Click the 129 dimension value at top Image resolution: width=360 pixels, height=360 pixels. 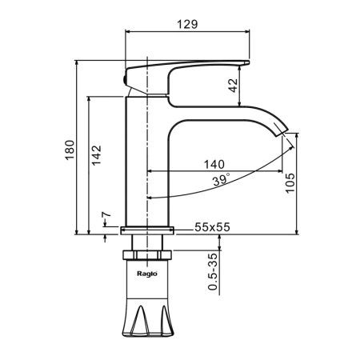click(187, 24)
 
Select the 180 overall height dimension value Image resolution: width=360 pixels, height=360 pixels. click(70, 150)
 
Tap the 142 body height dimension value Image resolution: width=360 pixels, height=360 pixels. click(97, 155)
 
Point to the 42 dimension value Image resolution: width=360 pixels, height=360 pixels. click(234, 86)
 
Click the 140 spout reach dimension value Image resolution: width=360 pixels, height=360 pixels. click(214, 164)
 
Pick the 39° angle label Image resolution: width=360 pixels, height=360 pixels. click(221, 180)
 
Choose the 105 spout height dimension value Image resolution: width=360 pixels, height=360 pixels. click(290, 183)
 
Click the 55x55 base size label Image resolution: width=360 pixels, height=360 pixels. click(212, 227)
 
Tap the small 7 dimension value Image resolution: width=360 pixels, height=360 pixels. click(106, 214)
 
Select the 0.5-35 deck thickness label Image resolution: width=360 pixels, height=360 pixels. click(213, 271)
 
